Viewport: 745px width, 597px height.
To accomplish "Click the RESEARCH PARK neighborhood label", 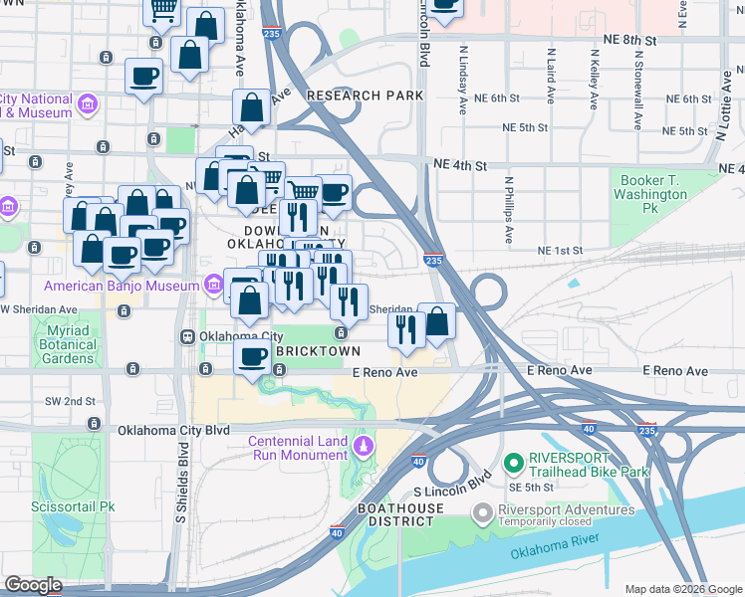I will click(x=366, y=96).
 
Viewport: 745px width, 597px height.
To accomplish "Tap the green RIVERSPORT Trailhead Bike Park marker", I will click(x=514, y=463).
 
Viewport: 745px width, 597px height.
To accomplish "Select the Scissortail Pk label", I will click(x=72, y=506).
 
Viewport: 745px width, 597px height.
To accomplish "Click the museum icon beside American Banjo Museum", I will click(x=212, y=287).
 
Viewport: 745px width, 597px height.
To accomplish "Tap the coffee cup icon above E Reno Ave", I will click(x=253, y=356).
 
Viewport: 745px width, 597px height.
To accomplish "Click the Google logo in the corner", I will click(x=33, y=585).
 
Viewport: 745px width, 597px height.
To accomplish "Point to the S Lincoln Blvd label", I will click(x=454, y=484).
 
